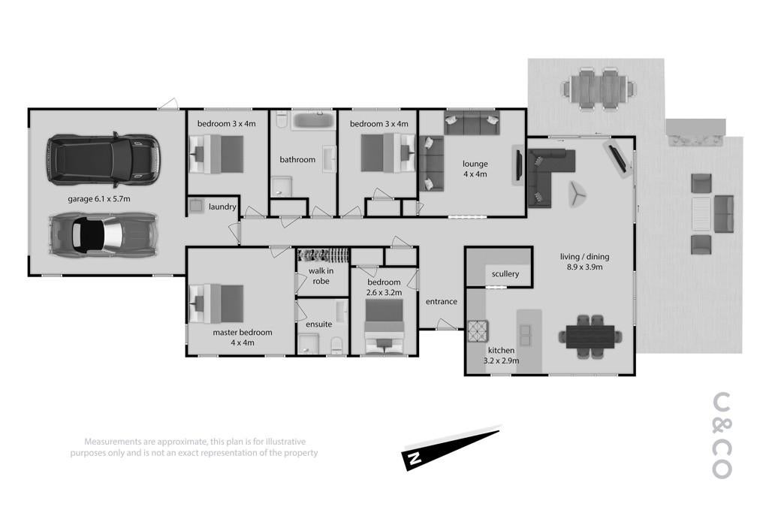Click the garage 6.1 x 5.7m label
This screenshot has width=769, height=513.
99,198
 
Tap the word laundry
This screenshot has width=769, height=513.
222,207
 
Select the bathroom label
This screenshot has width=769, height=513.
297,159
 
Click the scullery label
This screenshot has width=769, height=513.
505,273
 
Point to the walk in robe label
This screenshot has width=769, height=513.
321,276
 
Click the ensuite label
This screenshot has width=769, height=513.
318,324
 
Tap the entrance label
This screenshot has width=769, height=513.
442,302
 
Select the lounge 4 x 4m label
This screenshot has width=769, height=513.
475,169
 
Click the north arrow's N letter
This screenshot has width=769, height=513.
415,459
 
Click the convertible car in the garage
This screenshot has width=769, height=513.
104,235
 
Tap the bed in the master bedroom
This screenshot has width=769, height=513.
216,303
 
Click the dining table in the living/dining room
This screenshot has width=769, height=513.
590,336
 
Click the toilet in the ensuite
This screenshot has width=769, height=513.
337,345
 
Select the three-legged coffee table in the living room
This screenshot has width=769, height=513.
578,195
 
